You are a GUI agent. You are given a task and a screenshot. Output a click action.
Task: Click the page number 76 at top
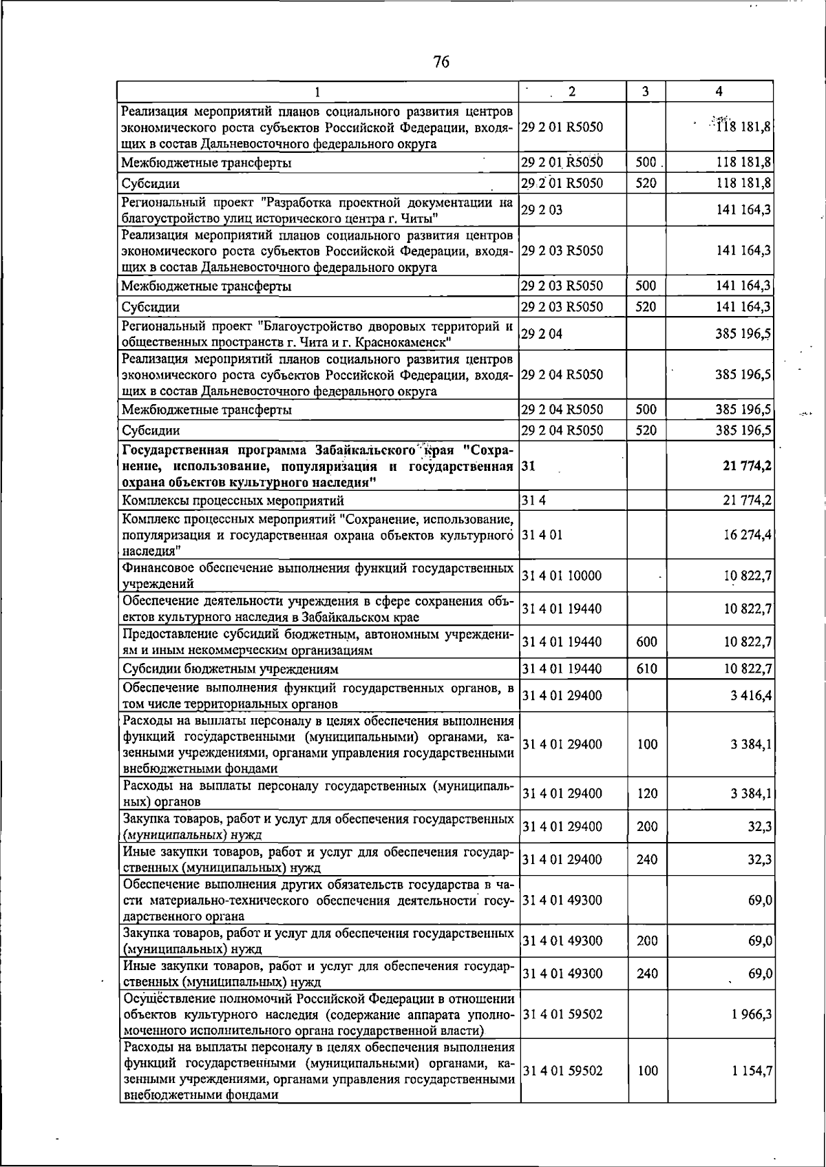[441, 62]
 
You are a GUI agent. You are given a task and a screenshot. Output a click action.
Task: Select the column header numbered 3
[646, 91]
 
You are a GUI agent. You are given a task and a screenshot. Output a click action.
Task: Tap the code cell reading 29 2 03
[542, 210]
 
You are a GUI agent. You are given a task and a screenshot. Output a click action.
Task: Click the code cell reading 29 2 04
[542, 334]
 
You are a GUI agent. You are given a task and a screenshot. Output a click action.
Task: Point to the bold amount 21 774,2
[746, 466]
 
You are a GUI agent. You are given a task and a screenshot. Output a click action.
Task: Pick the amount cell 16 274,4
[746, 534]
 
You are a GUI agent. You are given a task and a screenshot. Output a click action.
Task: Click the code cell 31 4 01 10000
[562, 576]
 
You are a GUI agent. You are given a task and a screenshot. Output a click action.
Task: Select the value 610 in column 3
[646, 669]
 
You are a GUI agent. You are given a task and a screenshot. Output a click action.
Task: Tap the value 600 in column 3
[646, 642]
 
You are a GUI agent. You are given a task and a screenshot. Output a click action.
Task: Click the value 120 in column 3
[647, 793]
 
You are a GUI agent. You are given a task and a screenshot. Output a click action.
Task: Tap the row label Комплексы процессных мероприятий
[233, 501]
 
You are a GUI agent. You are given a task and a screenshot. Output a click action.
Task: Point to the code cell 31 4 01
[542, 534]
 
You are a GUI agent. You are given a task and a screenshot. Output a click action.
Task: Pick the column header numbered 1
[317, 91]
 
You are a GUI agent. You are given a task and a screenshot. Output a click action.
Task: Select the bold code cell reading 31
[529, 466]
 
